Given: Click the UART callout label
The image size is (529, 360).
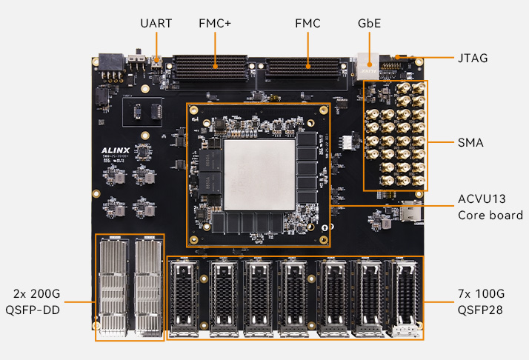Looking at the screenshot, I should click(156, 24).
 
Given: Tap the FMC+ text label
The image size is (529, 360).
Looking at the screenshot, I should click(215, 24).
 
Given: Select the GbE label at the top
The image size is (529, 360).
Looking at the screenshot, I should click(369, 24).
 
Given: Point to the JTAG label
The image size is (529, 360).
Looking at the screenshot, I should click(473, 57).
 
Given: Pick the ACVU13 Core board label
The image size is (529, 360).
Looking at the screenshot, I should click(490, 207).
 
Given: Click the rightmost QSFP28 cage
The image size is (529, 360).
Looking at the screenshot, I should click(405, 296).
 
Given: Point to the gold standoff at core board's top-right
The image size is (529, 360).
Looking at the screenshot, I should click(324, 112).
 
